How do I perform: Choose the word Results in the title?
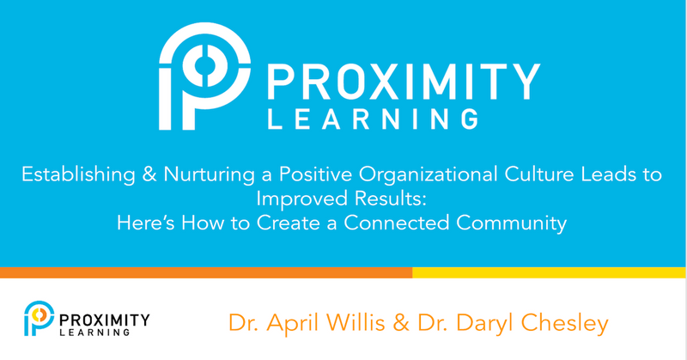(394, 200)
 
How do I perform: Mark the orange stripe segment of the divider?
(206, 272)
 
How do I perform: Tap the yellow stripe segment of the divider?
(550, 272)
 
